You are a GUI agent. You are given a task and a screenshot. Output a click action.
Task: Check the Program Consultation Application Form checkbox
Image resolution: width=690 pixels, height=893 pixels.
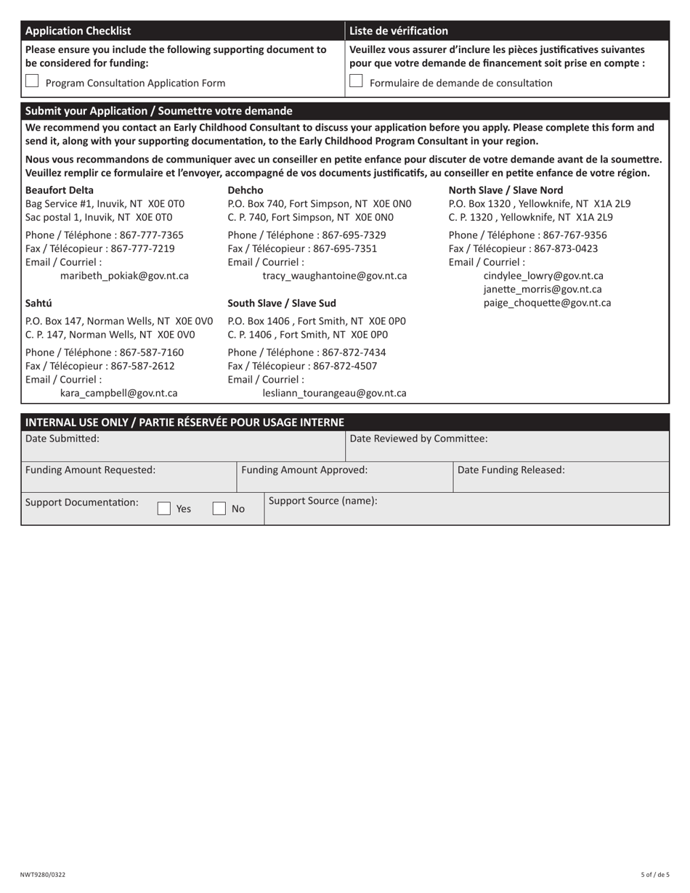(x=32, y=82)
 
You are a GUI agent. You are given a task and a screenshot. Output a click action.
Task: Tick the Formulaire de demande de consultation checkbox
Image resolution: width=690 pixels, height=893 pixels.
(x=356, y=82)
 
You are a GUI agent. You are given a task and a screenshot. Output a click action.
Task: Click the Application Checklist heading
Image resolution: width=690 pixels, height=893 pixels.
(x=78, y=30)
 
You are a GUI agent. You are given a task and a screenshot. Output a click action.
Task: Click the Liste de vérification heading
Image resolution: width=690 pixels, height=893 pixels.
(x=399, y=30)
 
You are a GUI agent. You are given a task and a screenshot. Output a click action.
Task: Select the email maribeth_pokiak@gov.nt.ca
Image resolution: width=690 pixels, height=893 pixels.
(x=124, y=276)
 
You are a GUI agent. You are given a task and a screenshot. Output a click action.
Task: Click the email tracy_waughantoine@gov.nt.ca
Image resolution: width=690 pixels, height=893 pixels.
(x=334, y=276)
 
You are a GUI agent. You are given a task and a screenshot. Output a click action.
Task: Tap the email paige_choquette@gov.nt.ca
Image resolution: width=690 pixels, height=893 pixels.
(x=547, y=303)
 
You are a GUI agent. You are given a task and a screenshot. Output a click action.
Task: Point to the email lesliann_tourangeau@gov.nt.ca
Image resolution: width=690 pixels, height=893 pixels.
(x=334, y=393)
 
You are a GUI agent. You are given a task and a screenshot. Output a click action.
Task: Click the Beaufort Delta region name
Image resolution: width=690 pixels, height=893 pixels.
(x=60, y=190)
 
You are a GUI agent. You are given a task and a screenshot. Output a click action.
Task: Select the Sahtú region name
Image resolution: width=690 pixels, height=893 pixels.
(x=38, y=303)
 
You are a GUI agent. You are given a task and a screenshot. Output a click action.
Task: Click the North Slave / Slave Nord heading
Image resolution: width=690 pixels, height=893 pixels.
(x=506, y=190)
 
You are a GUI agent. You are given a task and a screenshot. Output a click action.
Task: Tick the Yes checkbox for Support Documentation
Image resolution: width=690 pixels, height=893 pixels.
(x=164, y=509)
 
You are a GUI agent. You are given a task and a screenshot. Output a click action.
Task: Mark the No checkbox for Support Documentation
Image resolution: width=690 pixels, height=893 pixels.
(x=219, y=509)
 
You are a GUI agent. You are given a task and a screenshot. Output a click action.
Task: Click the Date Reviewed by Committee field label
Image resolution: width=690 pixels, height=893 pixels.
(x=418, y=439)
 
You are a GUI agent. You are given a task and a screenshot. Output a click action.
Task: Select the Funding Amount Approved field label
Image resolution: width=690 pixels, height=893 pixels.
(x=304, y=470)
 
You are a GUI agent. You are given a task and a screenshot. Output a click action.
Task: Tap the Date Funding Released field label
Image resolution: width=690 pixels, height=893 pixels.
(x=511, y=470)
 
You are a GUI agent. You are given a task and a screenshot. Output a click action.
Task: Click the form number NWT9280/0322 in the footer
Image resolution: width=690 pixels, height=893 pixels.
(x=43, y=875)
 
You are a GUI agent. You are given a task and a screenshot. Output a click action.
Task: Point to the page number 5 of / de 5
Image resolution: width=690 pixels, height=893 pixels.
(x=654, y=875)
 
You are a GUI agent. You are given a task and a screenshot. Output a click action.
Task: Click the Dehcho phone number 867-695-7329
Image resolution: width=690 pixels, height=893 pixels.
(x=354, y=235)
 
